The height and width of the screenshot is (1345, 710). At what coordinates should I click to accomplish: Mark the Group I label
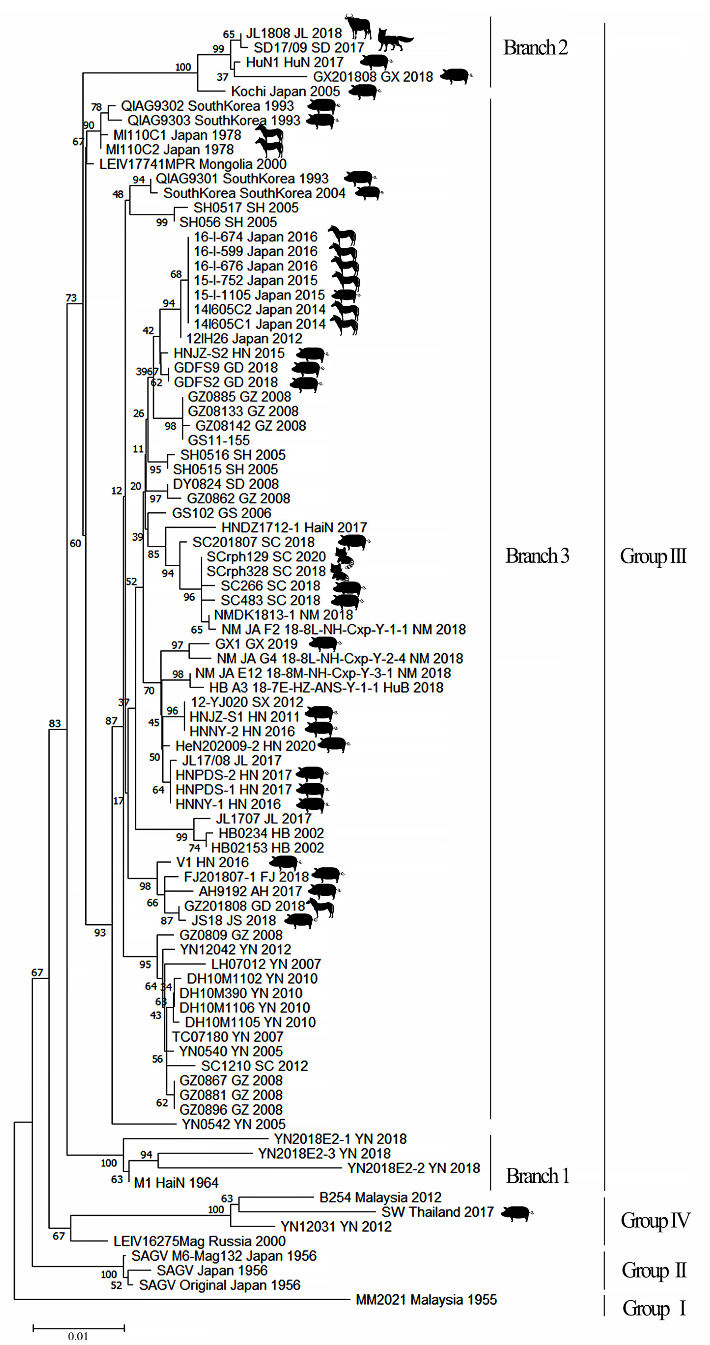click(654, 1308)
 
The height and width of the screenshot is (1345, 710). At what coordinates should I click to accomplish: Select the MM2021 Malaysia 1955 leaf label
click(426, 1300)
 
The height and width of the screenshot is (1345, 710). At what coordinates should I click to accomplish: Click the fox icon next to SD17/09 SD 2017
click(395, 40)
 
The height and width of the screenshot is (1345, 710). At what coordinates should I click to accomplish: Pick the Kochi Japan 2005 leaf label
click(285, 91)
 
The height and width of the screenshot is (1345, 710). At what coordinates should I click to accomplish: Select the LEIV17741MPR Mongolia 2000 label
click(193, 164)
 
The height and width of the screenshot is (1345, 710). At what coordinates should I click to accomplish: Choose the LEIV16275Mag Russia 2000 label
click(199, 1241)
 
